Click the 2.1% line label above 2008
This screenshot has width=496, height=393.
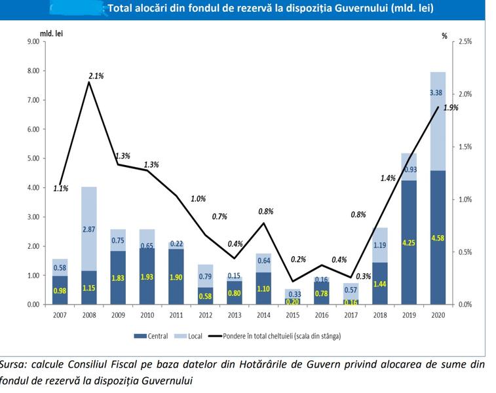[x=96, y=76]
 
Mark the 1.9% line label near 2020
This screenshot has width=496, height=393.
[x=451, y=107]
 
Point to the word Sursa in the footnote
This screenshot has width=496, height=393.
[x=14, y=364]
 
